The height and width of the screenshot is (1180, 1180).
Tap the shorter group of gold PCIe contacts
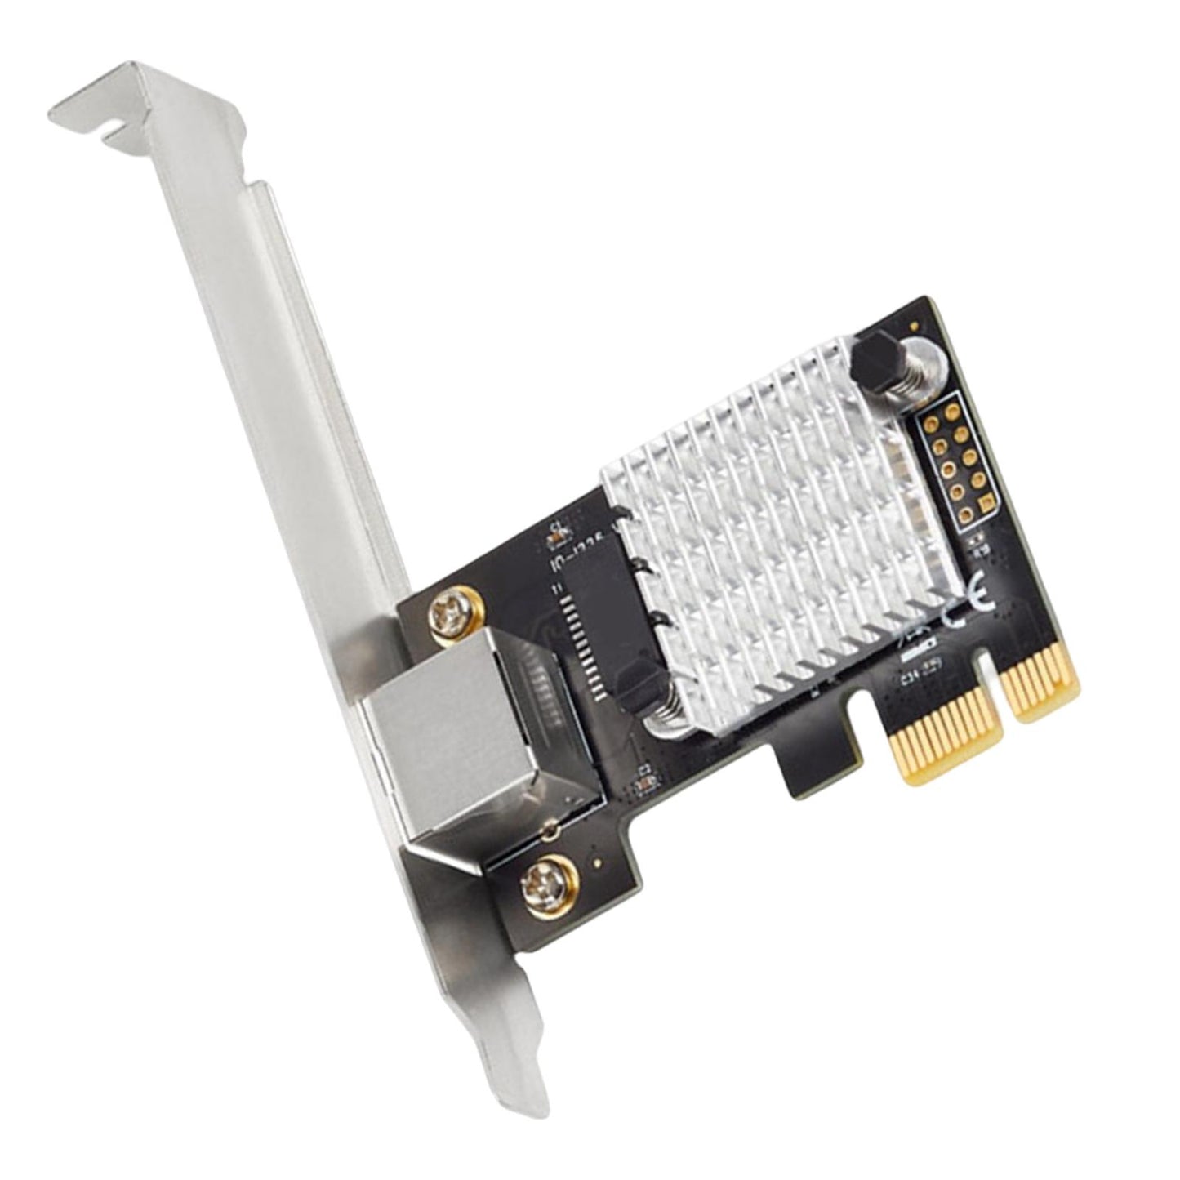1041,686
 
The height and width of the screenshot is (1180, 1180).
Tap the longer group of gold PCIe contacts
939,743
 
